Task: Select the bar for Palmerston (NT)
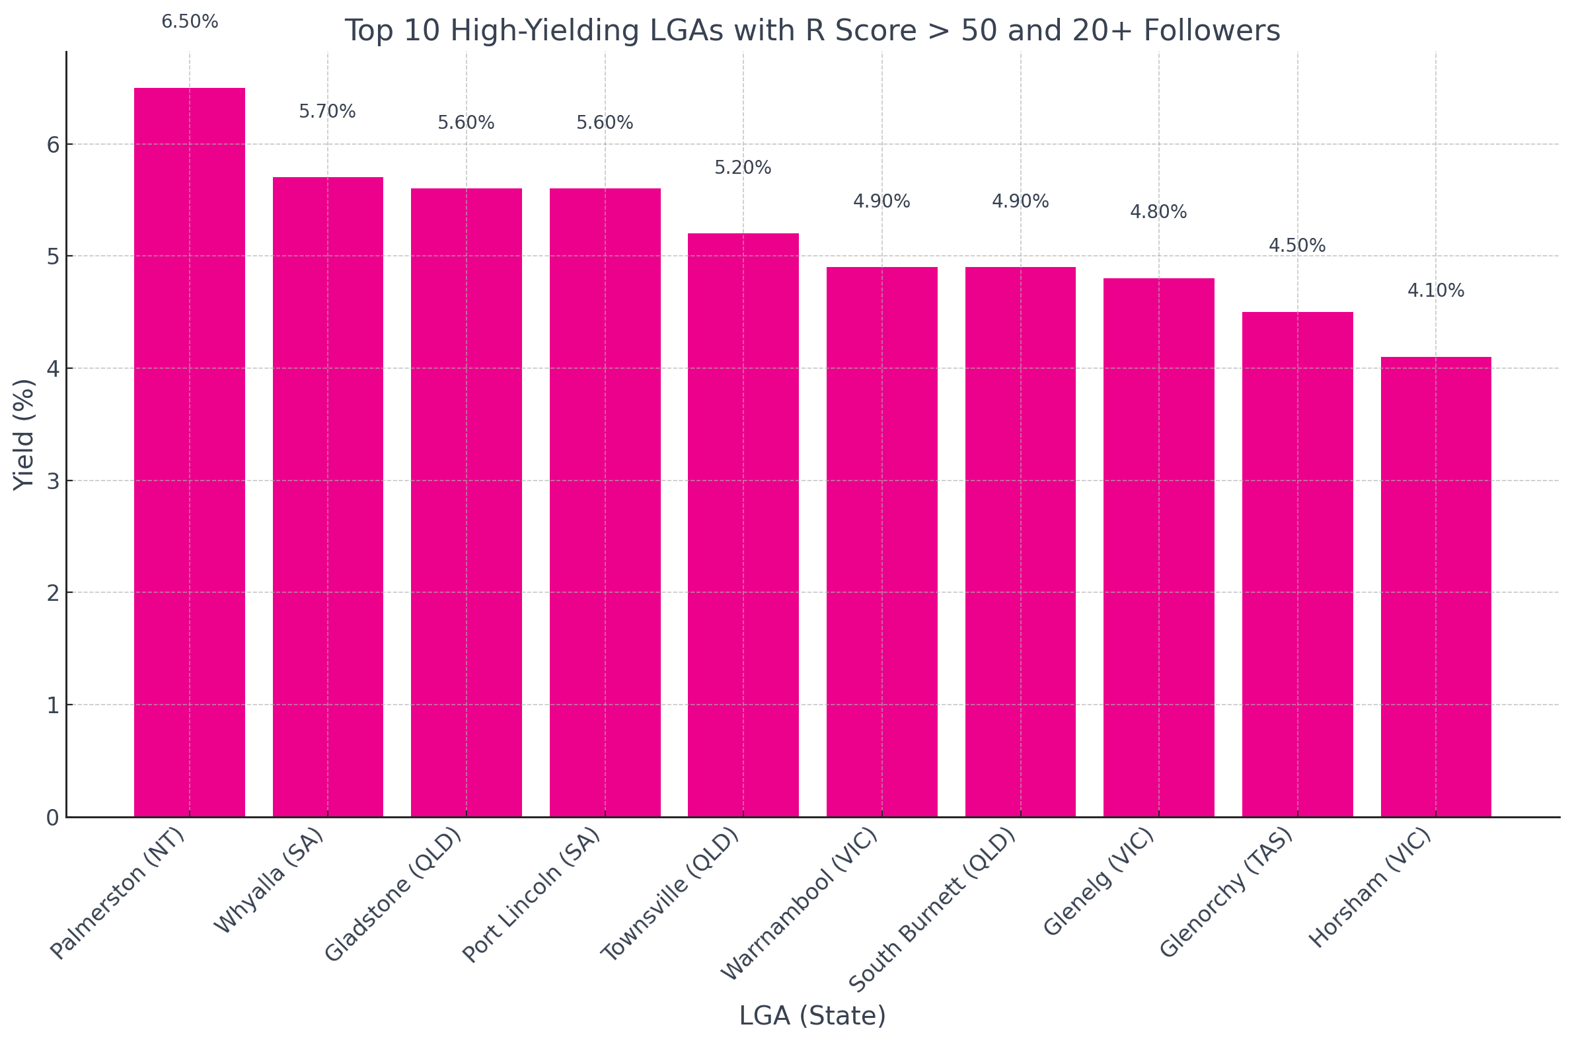tap(190, 452)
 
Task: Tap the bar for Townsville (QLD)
tap(743, 525)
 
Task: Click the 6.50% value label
tap(190, 22)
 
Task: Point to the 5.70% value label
tap(327, 112)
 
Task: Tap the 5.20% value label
tap(743, 168)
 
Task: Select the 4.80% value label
tap(1158, 212)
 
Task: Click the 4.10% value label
tap(1436, 291)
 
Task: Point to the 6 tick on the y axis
tap(54, 145)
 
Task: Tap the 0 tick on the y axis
tap(54, 818)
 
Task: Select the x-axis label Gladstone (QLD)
tap(394, 895)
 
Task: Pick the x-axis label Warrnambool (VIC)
tap(800, 904)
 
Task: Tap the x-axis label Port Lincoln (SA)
tap(532, 895)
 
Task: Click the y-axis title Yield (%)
tap(24, 434)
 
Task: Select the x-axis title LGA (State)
tap(812, 1016)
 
